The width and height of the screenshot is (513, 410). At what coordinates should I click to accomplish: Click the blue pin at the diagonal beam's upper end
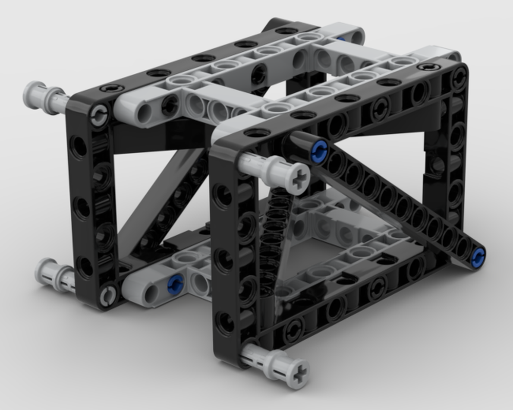click(319, 151)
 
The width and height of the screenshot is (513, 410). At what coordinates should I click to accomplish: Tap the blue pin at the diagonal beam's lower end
click(478, 258)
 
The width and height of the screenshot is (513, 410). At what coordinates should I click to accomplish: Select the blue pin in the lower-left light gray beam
click(175, 284)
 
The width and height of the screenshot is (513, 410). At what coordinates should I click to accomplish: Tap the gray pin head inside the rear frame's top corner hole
click(99, 116)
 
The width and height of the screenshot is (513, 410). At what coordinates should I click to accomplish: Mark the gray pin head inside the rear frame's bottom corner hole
click(108, 295)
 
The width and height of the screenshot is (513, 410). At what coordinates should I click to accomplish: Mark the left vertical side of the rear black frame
click(87, 205)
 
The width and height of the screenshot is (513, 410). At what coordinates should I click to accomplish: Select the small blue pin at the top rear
click(341, 39)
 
